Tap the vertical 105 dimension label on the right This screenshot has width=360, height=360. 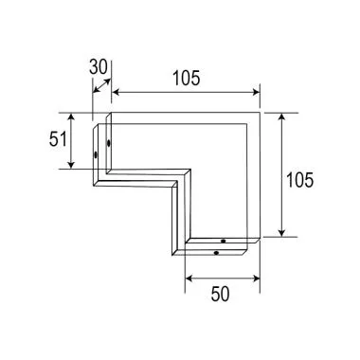[299, 177]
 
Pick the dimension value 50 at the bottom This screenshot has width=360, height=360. [220, 296]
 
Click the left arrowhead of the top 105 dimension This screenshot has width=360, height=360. [117, 92]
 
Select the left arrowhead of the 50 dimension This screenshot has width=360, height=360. [188, 279]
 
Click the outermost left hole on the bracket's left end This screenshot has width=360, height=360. [96, 155]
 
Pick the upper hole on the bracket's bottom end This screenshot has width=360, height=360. [223, 242]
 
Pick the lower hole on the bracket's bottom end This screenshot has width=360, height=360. [217, 253]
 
